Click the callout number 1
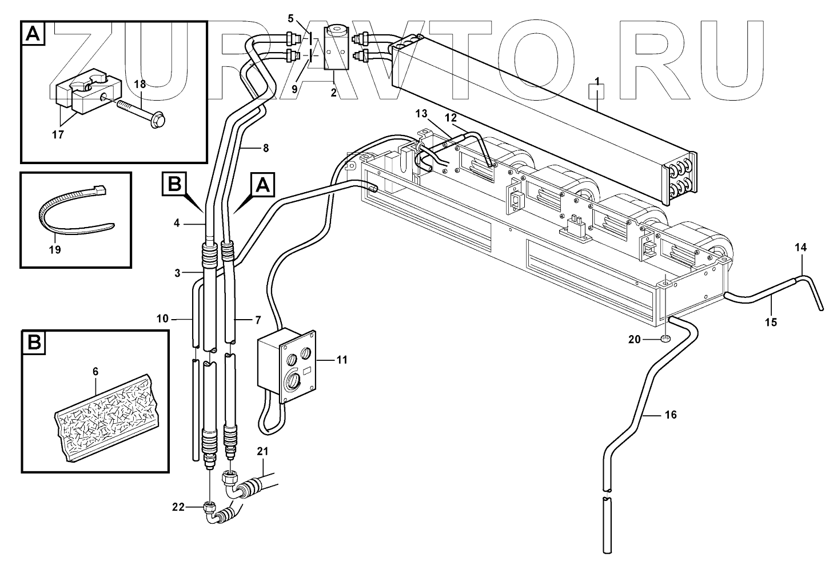point(597,82)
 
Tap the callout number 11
point(341,360)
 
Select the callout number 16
point(671,415)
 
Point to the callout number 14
point(800,248)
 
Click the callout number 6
point(95,372)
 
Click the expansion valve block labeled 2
point(334,49)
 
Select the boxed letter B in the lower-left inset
point(34,343)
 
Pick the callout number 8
point(265,148)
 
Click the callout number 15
point(771,322)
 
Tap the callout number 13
point(422,114)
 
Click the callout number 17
point(58,135)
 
